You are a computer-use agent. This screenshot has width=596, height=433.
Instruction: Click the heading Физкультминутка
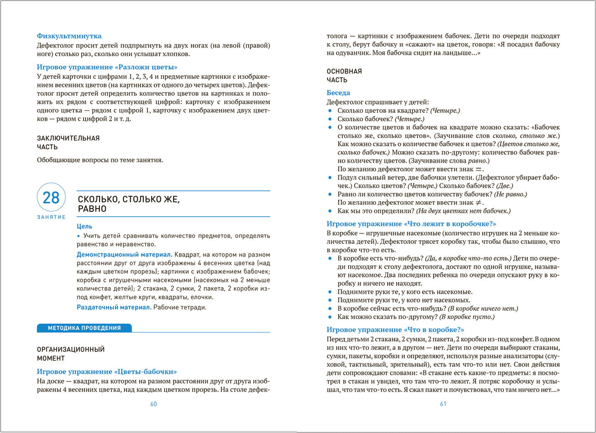pos(69,36)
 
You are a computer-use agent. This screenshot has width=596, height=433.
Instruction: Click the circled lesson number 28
pos(51,197)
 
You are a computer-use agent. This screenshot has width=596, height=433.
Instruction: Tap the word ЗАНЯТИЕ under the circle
pos(51,217)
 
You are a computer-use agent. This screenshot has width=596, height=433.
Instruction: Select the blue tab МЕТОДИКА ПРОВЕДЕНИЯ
pos(84,328)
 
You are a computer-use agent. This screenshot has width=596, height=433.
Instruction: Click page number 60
pos(153,404)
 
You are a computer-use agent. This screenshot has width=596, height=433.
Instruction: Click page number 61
pos(443,404)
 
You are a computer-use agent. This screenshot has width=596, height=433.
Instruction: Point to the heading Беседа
pos(338,93)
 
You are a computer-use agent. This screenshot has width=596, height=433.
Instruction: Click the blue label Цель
pos(85,226)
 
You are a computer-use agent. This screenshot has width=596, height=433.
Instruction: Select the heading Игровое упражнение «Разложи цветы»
pos(107,67)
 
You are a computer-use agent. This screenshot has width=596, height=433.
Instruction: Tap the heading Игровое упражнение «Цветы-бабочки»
pos(106,371)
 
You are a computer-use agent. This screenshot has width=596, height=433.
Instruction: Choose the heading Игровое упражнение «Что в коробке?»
pos(395,330)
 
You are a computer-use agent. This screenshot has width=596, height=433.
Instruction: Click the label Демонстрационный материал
pos(124,255)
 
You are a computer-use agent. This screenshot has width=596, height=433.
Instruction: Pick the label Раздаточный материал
pos(114,307)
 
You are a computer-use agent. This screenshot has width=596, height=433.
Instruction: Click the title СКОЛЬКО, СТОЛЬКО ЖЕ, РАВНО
pos(129,204)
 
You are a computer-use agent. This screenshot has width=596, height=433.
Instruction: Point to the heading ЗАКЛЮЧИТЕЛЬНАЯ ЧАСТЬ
pos(68,143)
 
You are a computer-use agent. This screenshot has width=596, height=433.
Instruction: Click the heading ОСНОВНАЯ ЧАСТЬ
pos(344,76)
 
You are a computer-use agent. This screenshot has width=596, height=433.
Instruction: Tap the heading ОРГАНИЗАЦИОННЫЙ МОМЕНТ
pos(71,354)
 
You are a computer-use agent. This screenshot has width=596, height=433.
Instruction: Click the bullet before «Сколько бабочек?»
pos(330,119)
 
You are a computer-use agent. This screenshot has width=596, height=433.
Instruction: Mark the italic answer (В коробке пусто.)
pos(467,317)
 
